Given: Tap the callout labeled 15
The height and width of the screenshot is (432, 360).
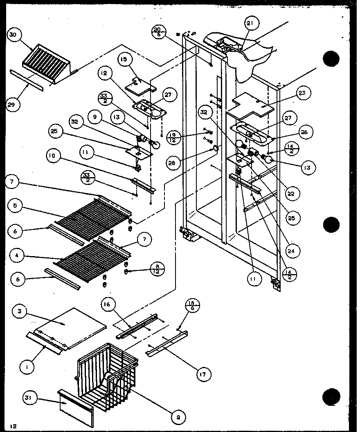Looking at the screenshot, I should pyautogui.click(x=124, y=59).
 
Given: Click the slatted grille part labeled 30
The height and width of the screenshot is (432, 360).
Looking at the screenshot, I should pyautogui.click(x=47, y=61).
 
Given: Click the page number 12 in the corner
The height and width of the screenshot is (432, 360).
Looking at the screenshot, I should pyautogui.click(x=15, y=426).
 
